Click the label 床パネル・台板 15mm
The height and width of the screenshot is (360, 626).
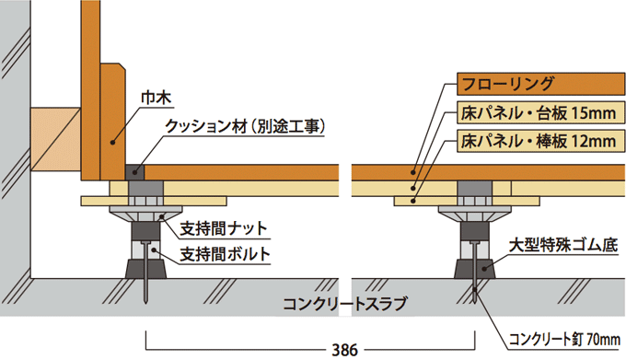tap(536, 114)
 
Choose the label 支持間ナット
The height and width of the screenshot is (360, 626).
tap(218, 226)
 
